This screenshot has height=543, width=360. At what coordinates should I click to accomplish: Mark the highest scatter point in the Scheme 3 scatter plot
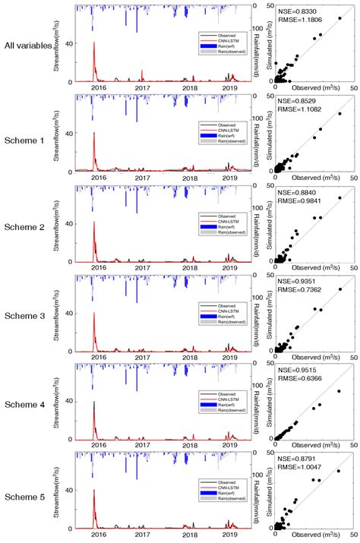click(x=339, y=289)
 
